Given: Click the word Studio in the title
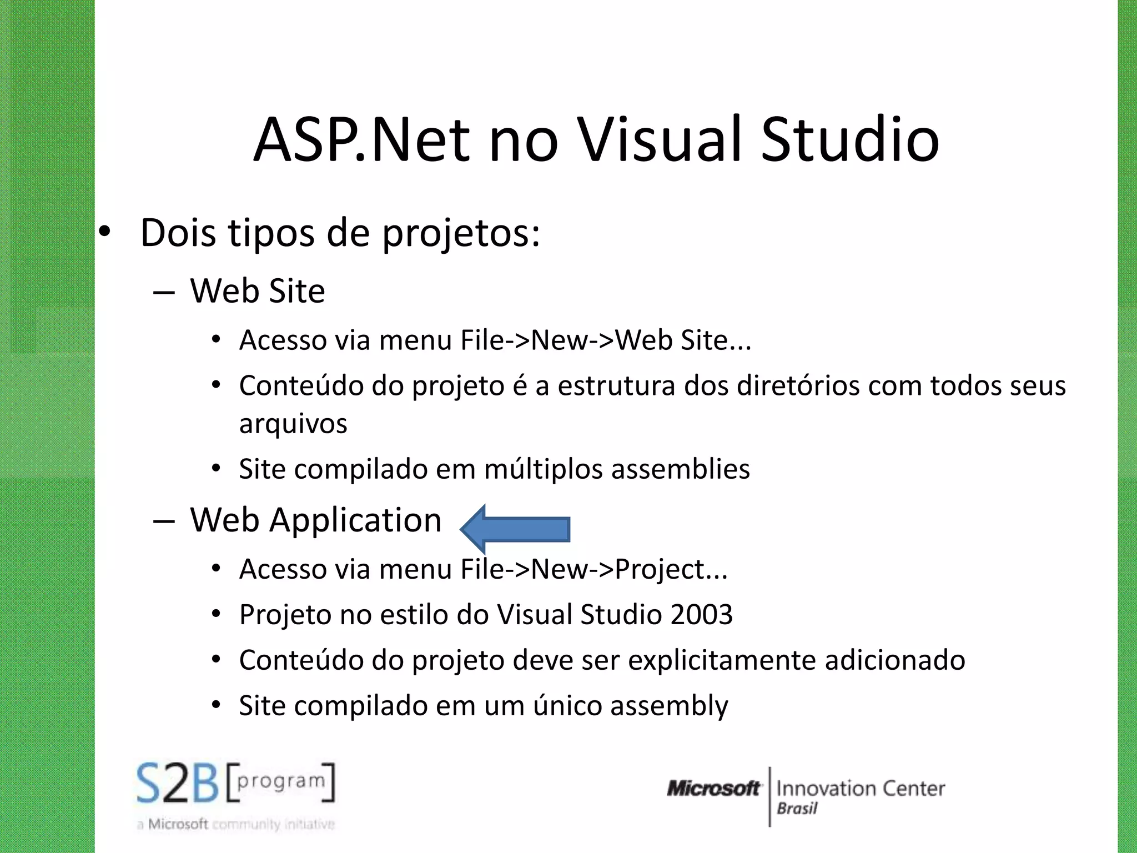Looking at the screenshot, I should pyautogui.click(x=849, y=140).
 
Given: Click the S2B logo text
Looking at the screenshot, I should pyautogui.click(x=178, y=784).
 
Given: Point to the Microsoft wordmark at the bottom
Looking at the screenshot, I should pyautogui.click(x=713, y=789).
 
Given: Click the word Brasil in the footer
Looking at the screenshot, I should pyautogui.click(x=797, y=809).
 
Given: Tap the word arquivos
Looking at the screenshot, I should pyautogui.click(x=293, y=424).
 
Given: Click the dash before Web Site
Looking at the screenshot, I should pyautogui.click(x=164, y=292).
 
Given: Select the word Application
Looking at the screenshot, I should pyautogui.click(x=355, y=521).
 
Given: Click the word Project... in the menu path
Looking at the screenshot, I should pyautogui.click(x=671, y=569).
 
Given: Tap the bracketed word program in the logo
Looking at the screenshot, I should pyautogui.click(x=281, y=781).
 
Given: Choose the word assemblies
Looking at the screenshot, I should pyautogui.click(x=681, y=469).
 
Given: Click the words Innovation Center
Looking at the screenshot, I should pyautogui.click(x=860, y=789).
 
